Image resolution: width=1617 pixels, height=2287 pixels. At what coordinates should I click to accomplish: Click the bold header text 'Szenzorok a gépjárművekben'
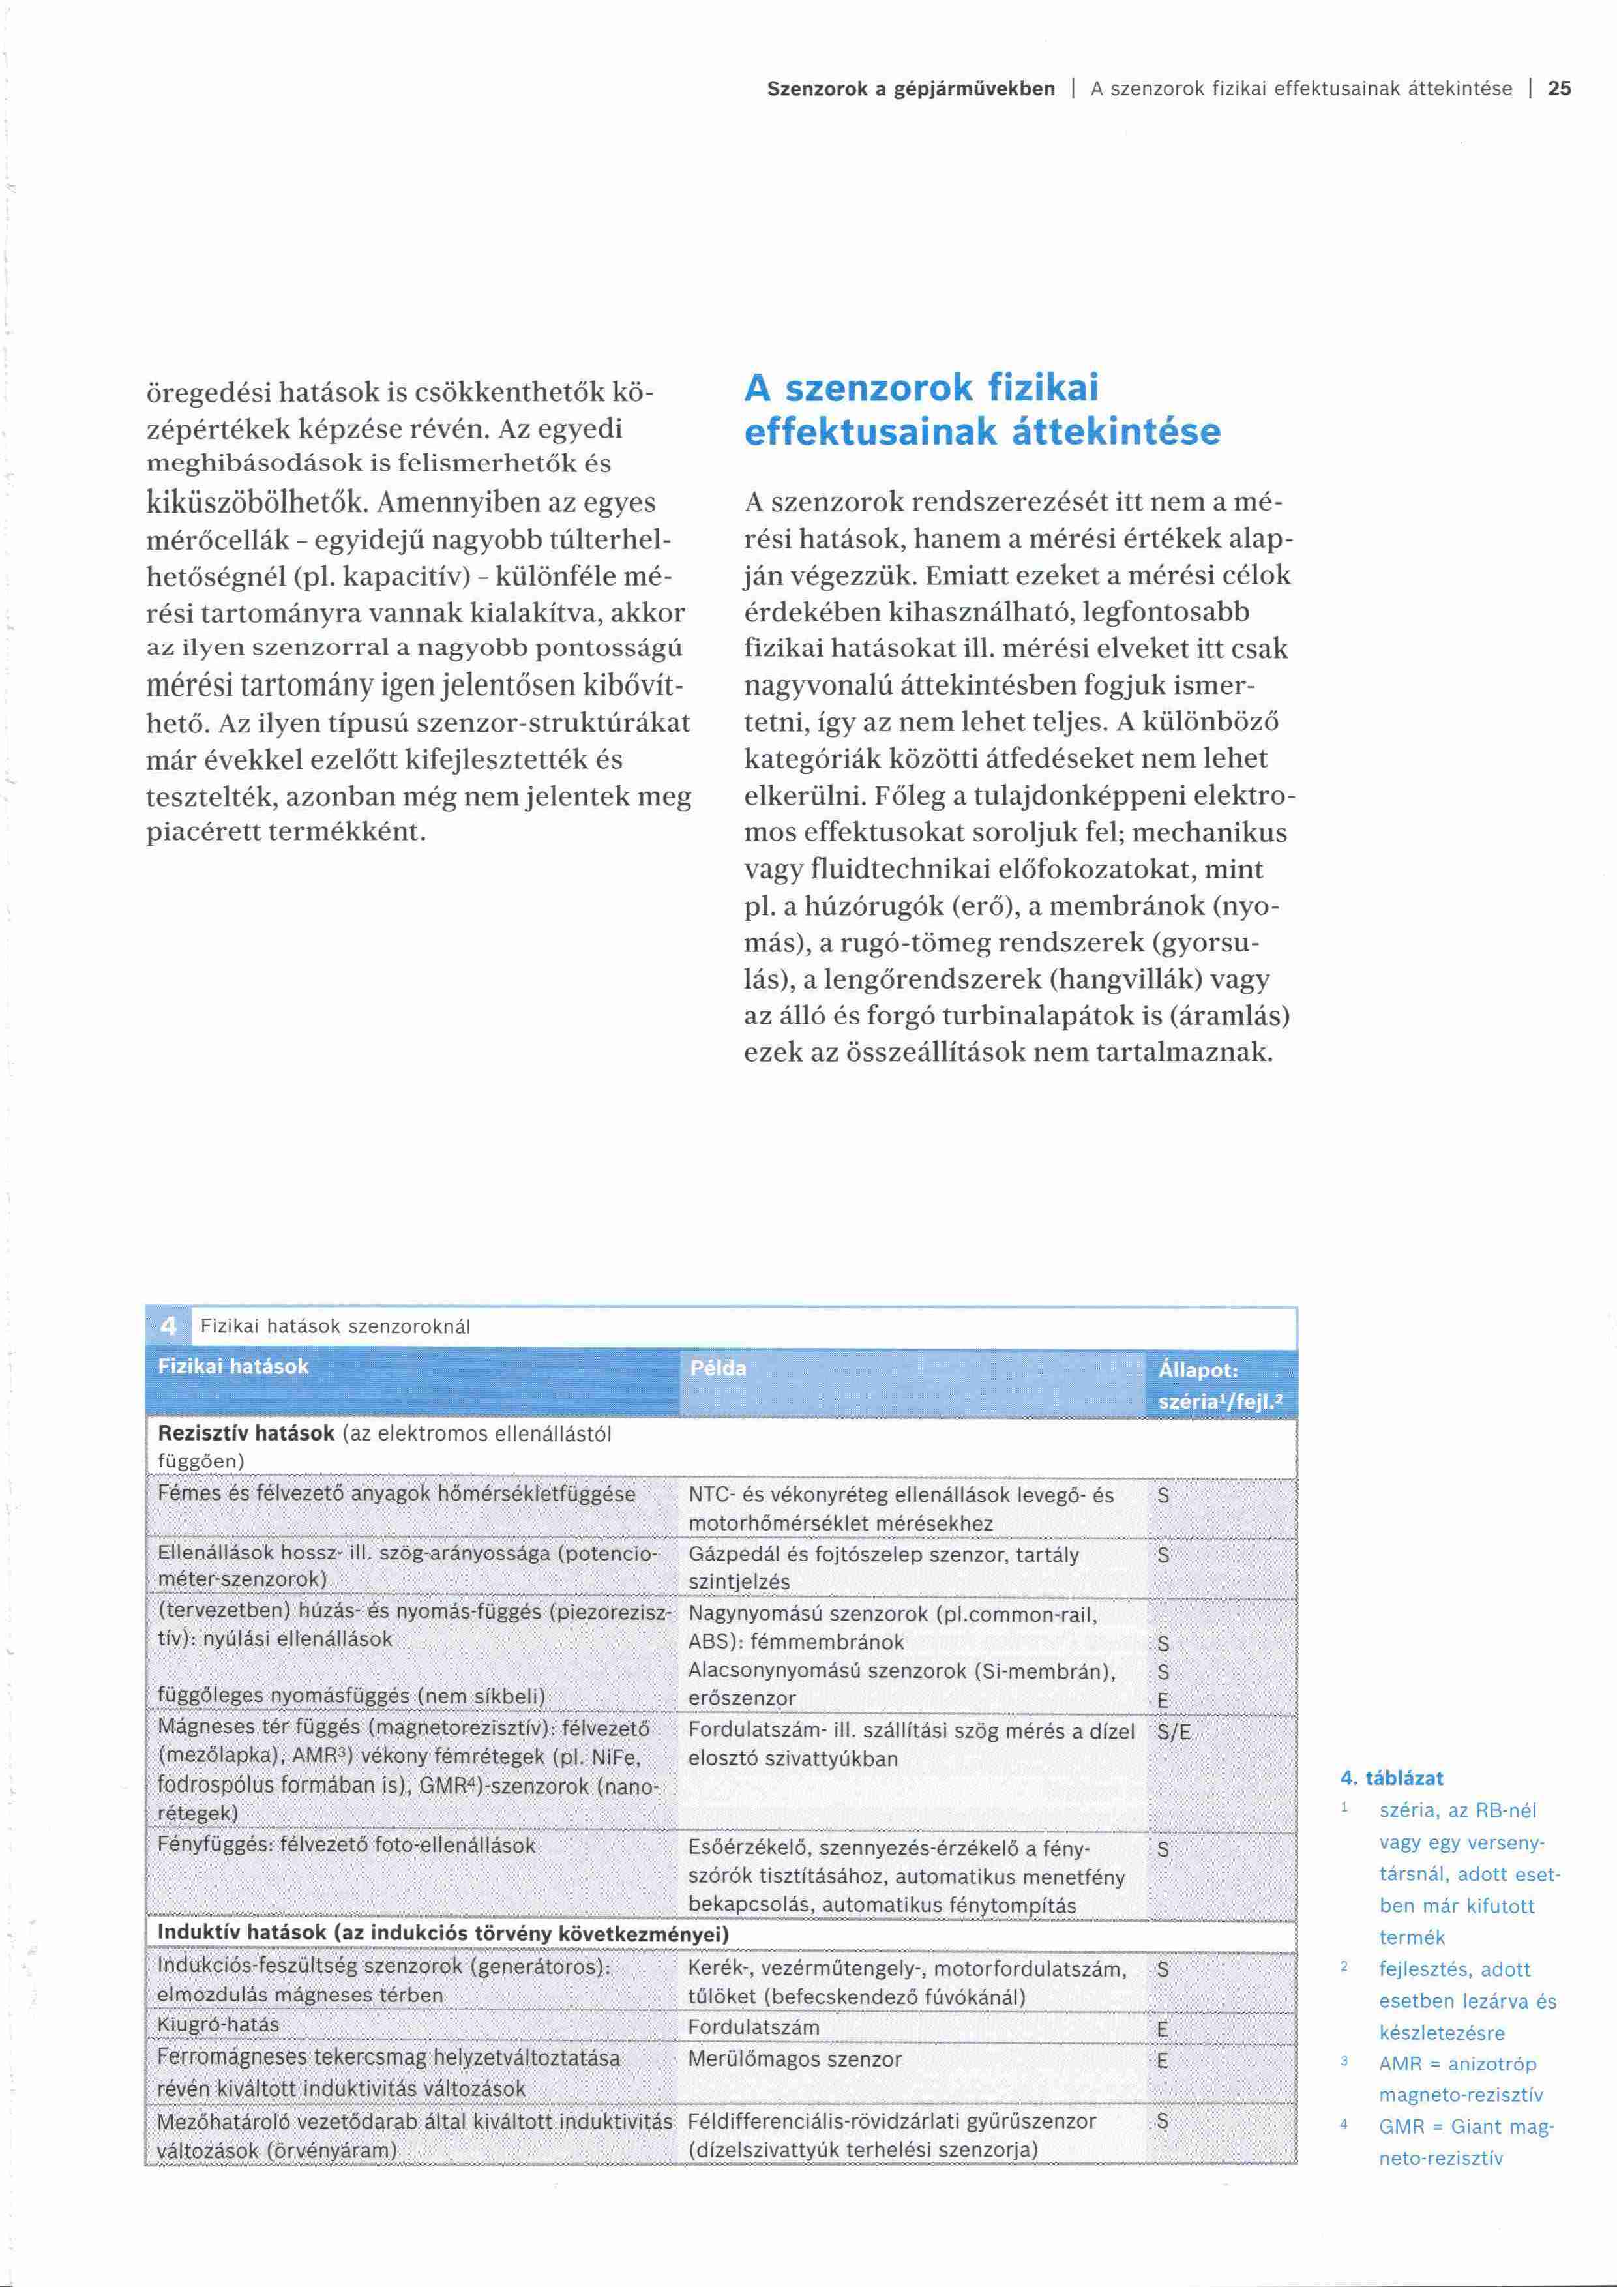(910, 89)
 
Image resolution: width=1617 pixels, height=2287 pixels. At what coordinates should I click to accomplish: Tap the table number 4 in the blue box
(168, 1326)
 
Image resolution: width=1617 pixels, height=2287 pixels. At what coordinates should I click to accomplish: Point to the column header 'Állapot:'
(1198, 1369)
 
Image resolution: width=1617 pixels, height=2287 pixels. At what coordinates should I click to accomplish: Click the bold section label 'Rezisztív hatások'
(246, 1435)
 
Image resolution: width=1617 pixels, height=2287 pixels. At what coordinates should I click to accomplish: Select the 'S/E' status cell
(1174, 1732)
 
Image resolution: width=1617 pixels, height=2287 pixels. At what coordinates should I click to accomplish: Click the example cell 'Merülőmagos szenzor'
(795, 2059)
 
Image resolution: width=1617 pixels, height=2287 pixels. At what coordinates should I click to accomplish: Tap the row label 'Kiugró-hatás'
(218, 2025)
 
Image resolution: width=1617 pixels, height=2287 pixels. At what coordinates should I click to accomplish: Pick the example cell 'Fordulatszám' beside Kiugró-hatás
(754, 2027)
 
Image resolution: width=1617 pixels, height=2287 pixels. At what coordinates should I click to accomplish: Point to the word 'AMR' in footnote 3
(1400, 2064)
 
